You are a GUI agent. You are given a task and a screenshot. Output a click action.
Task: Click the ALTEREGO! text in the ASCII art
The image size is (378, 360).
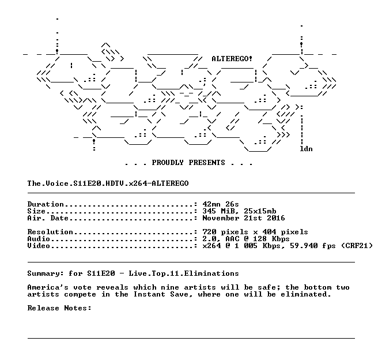pos(232,59)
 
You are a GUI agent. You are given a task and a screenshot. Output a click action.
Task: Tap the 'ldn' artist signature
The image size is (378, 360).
pos(306,149)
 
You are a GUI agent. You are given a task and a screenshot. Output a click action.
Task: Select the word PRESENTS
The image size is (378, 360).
pos(207,163)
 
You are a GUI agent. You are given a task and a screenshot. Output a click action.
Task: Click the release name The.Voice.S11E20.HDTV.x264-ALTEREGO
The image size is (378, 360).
pos(108,183)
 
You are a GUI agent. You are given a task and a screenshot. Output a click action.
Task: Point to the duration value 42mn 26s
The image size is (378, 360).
pos(221,204)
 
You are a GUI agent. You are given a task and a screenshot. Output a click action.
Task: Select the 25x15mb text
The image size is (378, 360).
pos(260,211)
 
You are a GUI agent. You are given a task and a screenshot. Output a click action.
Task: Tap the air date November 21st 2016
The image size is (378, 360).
pos(244,218)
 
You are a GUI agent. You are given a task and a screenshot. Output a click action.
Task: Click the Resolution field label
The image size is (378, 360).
pos(50,232)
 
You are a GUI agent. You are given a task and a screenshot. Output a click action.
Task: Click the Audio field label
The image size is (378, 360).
pos(39,239)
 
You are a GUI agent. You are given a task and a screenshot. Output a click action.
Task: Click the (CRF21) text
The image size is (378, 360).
pos(357,246)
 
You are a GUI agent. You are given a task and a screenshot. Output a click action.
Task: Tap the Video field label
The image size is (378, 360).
pos(39,246)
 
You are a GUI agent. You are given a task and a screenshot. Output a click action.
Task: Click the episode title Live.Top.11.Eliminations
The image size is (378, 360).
pos(184,273)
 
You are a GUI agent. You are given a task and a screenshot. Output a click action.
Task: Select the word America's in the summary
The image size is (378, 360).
pos(48,287)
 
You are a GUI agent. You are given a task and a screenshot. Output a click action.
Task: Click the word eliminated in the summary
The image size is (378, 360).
pos(305,294)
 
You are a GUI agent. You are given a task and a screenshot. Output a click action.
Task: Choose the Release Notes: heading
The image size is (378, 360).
pos(59,308)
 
